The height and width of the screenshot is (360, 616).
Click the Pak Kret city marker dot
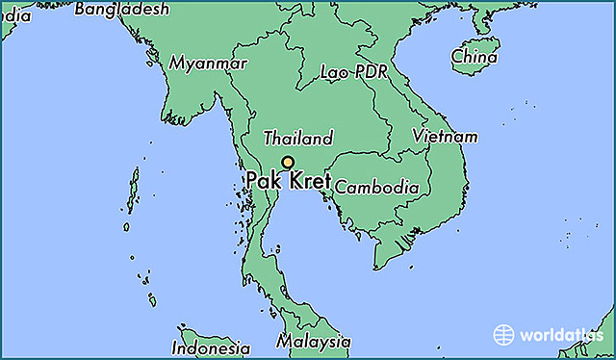(x=287, y=163)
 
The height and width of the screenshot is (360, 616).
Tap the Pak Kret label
(x=288, y=180)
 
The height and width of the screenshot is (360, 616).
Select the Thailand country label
(x=298, y=138)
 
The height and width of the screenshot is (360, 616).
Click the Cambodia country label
(x=376, y=187)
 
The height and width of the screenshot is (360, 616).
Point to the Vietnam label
(x=445, y=137)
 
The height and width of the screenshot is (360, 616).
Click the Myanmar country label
(x=208, y=63)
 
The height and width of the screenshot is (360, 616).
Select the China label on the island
(x=475, y=56)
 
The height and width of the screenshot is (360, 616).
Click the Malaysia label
(x=313, y=342)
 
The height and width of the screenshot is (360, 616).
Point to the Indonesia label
(x=211, y=347)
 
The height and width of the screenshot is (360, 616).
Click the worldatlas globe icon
(x=504, y=335)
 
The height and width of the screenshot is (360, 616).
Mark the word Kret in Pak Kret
(x=308, y=180)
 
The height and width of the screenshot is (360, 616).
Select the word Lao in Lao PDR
(x=333, y=73)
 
